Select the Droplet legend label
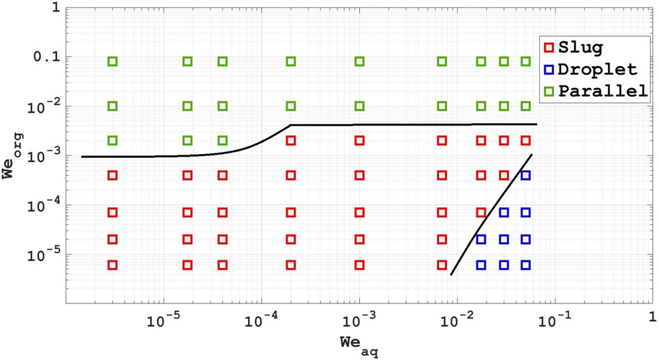[597, 69]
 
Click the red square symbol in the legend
[548, 48]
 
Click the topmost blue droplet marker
[525, 175]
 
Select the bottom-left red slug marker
[112, 265]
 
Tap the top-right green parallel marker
[525, 61]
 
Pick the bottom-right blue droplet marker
[525, 265]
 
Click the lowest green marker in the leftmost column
[112, 140]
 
